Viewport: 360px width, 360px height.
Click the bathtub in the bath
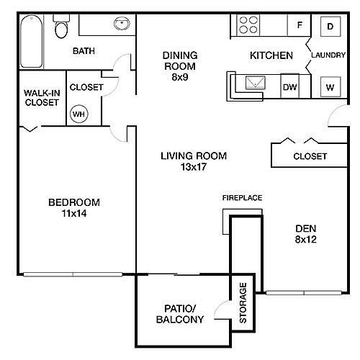pos(32,41)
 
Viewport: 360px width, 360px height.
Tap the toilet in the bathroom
pos(61,27)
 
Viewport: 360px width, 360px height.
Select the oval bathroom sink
pos(122,23)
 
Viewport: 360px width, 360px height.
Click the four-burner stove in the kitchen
pos(248,24)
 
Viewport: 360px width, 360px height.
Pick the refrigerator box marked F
pos(300,25)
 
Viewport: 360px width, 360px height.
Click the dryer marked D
pos(330,27)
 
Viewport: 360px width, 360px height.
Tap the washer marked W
pos(330,86)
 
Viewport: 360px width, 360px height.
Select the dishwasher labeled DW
pos(289,86)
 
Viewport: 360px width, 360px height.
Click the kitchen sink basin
pos(256,83)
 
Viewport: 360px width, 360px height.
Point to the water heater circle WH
pos(79,114)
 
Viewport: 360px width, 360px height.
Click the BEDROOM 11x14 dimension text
pos(74,213)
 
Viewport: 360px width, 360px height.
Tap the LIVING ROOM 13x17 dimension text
pos(194,167)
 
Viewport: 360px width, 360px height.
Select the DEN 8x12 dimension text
pos(306,239)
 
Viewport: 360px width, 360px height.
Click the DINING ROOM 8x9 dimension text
pos(180,77)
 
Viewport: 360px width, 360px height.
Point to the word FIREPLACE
pos(242,198)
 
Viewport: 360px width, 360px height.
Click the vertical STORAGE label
pos(243,303)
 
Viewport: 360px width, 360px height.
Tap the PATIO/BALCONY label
pos(180,314)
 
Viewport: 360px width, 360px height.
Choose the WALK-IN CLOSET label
pos(42,98)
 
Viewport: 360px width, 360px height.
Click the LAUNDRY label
pos(328,55)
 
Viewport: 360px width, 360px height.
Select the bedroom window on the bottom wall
pos(73,274)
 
